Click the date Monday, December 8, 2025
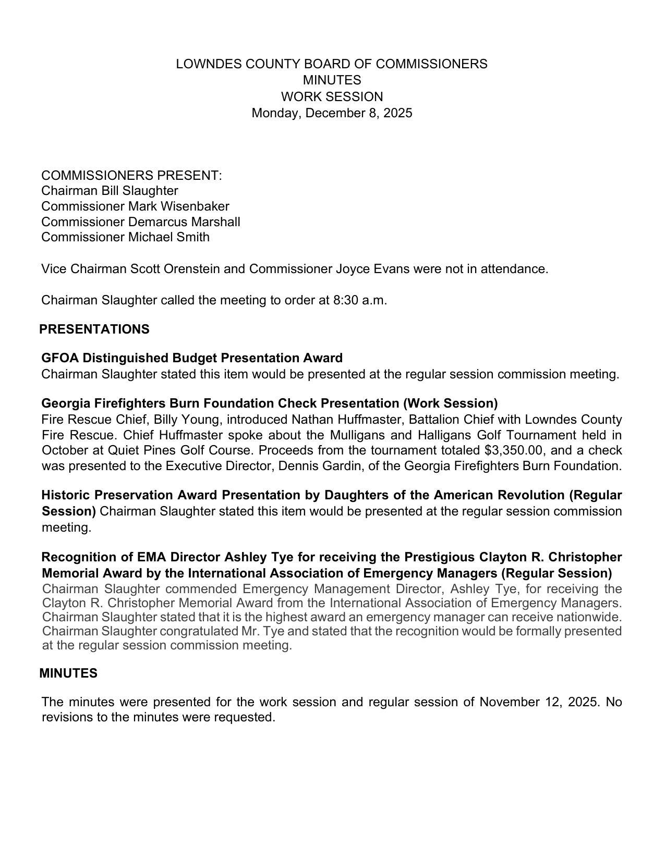[x=332, y=113]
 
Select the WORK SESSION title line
[x=332, y=97]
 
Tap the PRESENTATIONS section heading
[x=94, y=329]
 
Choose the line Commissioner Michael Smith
[x=125, y=237]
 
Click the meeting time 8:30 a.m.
[x=359, y=300]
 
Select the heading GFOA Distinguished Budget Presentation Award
[x=192, y=358]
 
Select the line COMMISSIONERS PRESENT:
[x=131, y=175]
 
